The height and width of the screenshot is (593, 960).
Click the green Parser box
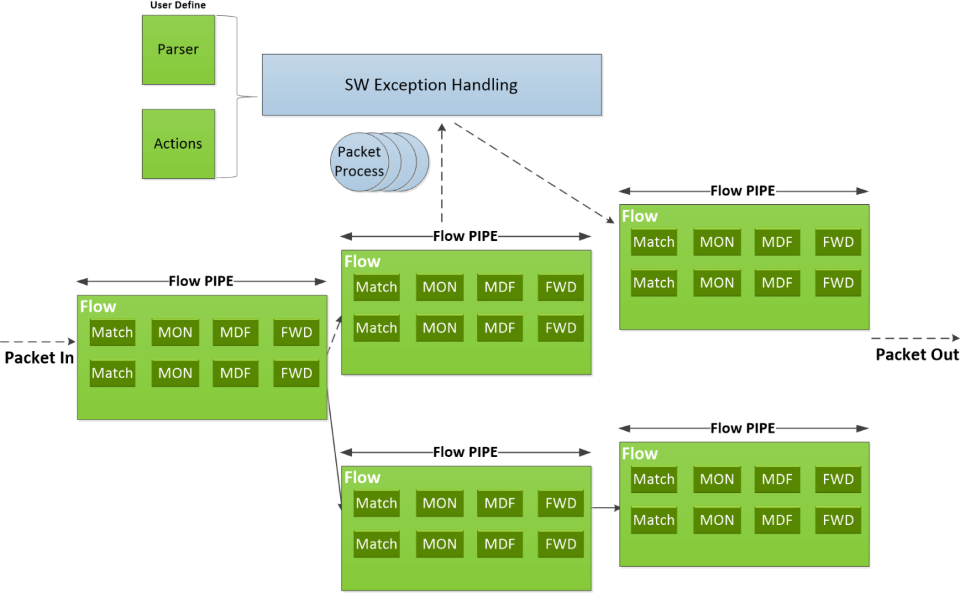178,50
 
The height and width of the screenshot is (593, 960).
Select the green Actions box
178,143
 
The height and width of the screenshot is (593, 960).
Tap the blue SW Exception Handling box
431,85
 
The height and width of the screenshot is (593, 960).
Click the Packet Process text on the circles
360,162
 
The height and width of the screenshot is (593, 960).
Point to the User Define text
177,5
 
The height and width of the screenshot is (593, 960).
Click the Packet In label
39,358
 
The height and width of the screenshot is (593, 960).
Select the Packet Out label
917,354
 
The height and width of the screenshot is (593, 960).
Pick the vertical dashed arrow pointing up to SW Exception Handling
441,173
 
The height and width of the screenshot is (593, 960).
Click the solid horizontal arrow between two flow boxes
605,508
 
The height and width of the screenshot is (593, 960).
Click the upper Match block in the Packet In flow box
112,332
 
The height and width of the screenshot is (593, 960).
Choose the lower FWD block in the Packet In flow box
296,373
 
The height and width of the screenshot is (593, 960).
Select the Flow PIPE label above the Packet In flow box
201,281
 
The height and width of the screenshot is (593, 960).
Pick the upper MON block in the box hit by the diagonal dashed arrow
717,242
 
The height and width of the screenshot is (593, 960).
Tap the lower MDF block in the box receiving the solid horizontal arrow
777,520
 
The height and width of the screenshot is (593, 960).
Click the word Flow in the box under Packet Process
362,261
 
